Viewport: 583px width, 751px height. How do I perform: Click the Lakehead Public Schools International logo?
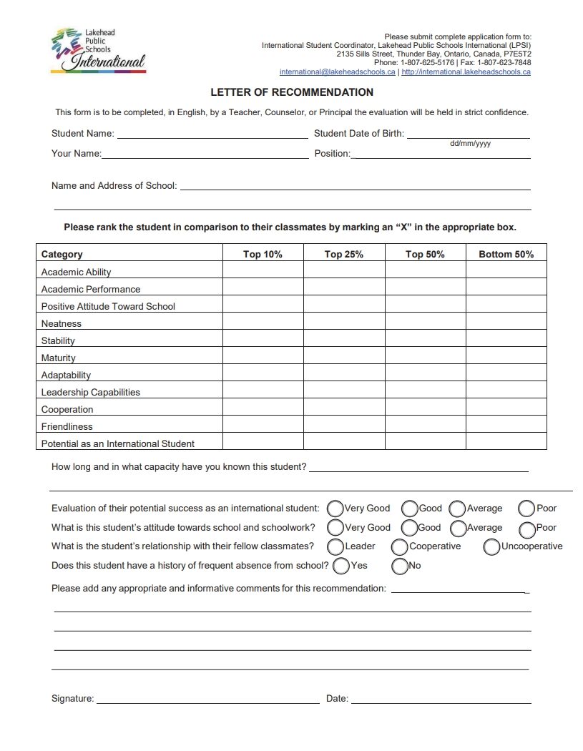pos(98,50)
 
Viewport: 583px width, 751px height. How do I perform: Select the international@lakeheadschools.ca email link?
pos(337,72)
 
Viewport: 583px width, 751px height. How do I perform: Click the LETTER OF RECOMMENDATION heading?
pos(292,92)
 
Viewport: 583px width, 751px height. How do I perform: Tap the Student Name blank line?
pos(212,133)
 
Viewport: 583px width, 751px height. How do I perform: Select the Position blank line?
pos(441,153)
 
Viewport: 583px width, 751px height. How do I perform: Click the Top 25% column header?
pos(344,254)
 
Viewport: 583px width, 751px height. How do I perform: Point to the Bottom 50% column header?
pos(506,254)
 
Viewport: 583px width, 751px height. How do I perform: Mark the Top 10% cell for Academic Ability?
pos(263,272)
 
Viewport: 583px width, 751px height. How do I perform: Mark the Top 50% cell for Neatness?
pos(425,323)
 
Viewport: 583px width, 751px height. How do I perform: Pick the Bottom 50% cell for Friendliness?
pos(506,426)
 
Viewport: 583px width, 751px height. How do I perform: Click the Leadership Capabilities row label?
pos(91,392)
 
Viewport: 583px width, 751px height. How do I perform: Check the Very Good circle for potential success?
pos(335,509)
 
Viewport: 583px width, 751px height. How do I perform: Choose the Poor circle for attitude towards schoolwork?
pos(527,529)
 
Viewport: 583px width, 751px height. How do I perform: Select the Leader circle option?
pos(335,547)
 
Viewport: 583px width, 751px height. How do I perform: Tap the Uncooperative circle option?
pos(491,547)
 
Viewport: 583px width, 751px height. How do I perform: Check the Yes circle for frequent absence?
pos(341,566)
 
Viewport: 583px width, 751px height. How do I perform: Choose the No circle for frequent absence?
pos(400,566)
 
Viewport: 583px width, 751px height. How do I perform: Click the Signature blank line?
pos(207,699)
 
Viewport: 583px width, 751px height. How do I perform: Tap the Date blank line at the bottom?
pos(441,699)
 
